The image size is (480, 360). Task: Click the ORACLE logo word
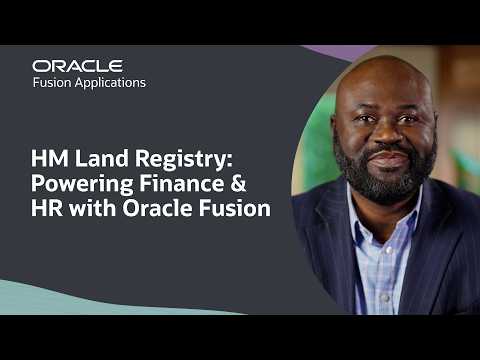[x=77, y=66]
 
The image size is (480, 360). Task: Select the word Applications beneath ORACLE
[x=111, y=84]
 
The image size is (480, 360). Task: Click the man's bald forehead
[x=385, y=85]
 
